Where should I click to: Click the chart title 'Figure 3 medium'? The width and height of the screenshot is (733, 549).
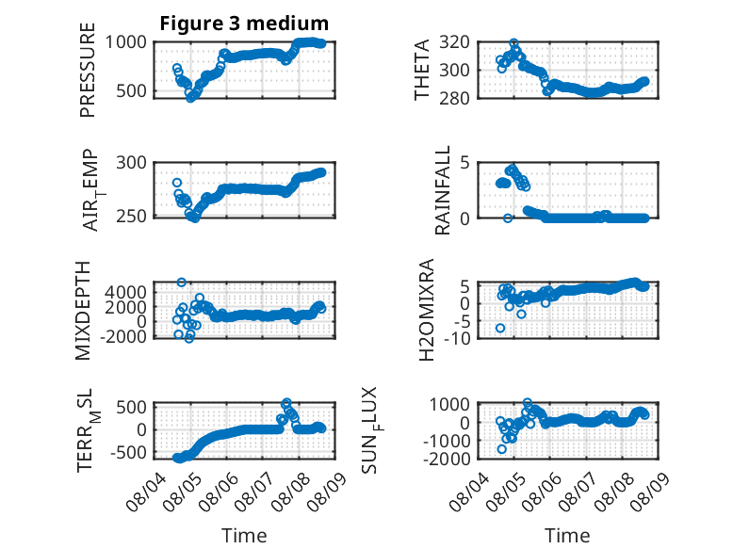pyautogui.click(x=244, y=24)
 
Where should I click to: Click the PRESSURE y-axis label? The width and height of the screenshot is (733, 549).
pyautogui.click(x=88, y=70)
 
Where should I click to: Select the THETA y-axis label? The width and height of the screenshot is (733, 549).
pyautogui.click(x=422, y=70)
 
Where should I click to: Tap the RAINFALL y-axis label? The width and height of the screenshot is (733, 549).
pyautogui.click(x=442, y=190)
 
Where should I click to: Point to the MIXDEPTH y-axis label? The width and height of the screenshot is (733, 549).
pyautogui.click(x=82, y=311)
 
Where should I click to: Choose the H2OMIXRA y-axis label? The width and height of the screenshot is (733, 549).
pyautogui.click(x=427, y=310)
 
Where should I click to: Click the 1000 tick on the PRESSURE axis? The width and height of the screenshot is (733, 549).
pyautogui.click(x=125, y=42)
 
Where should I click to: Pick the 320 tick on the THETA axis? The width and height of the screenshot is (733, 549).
pyautogui.click(x=454, y=42)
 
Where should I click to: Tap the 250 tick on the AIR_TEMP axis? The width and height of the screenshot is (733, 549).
pyautogui.click(x=131, y=217)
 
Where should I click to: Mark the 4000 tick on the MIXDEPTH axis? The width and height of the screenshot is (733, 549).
pyautogui.click(x=125, y=293)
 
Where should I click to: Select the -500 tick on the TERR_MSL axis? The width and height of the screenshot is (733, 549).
pyautogui.click(x=128, y=452)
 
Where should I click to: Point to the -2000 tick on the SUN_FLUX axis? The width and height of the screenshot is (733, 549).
pyautogui.click(x=447, y=459)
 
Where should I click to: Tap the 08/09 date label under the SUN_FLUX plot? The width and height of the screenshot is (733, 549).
pyautogui.click(x=650, y=492)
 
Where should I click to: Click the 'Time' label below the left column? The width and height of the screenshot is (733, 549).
pyautogui.click(x=244, y=536)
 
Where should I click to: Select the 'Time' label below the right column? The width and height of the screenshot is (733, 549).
pyautogui.click(x=567, y=536)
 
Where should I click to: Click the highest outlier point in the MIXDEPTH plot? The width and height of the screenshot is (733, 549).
pyautogui.click(x=182, y=283)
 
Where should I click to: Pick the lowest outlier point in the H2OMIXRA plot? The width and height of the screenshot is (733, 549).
pyautogui.click(x=500, y=328)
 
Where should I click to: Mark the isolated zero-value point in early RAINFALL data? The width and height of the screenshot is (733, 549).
pyautogui.click(x=508, y=218)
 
